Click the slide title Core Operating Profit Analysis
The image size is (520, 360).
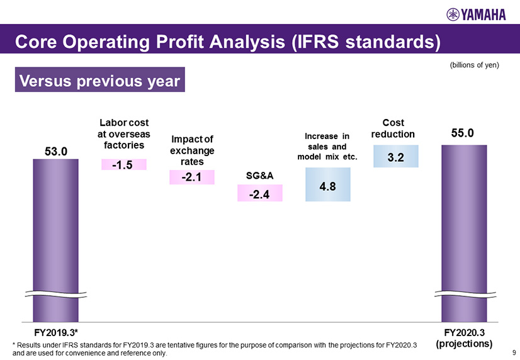(x=227, y=42)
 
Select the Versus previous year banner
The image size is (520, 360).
(x=100, y=82)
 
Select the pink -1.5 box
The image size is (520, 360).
(x=124, y=165)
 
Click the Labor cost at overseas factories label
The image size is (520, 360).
(x=124, y=133)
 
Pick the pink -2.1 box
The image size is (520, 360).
(x=191, y=178)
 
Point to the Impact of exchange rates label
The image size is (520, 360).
(x=192, y=152)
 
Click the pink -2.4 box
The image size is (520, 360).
(x=259, y=194)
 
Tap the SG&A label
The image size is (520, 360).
(x=259, y=176)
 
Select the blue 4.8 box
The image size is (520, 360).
(x=327, y=184)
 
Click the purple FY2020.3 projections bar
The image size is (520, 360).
(x=464, y=233)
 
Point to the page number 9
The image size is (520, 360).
(x=514, y=353)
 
